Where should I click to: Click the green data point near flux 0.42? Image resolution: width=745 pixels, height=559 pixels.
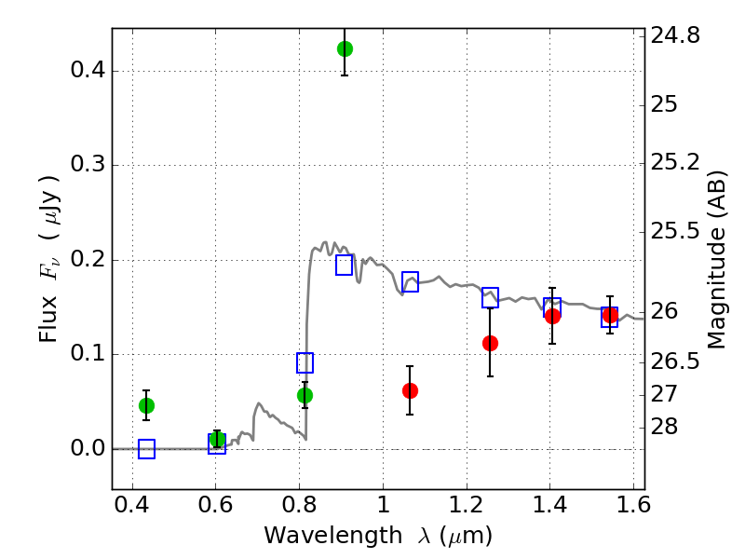(345, 48)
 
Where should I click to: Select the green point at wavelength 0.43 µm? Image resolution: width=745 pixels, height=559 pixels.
(146, 405)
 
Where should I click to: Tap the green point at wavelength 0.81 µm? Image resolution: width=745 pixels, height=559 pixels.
(305, 395)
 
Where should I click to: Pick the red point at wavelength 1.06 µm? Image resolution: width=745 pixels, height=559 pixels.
(410, 390)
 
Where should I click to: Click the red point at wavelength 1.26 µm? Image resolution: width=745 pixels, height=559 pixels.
(490, 343)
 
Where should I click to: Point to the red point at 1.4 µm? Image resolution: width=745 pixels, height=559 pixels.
(552, 316)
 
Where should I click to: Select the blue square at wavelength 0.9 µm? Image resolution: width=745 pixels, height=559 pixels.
(344, 265)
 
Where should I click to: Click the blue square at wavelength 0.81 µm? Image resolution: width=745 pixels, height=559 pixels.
(305, 362)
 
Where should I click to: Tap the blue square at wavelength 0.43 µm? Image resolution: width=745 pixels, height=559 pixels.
(146, 449)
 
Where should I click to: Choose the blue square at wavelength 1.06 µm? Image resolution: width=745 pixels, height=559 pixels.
(410, 281)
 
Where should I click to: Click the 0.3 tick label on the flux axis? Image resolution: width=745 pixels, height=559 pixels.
(88, 165)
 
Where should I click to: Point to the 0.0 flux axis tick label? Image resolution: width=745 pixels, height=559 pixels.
(88, 448)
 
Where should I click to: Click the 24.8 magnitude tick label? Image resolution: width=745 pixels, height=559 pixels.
(675, 35)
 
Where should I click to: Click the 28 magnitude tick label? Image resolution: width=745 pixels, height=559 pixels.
(664, 427)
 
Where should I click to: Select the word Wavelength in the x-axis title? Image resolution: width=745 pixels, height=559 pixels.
(332, 536)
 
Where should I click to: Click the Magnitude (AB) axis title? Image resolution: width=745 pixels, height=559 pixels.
(716, 260)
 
